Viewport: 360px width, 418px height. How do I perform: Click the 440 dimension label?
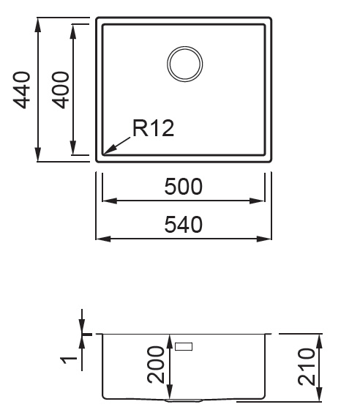coord(21,90)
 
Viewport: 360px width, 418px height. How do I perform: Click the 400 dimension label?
coord(61,90)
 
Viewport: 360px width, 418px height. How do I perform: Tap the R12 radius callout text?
coord(153,128)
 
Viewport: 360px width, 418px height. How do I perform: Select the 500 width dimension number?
coord(184,187)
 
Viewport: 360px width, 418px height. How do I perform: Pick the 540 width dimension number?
coord(184,225)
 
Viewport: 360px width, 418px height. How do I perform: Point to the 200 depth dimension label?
coord(156,365)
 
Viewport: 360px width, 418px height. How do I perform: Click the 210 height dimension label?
coord(307,367)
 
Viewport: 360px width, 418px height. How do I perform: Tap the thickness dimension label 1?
coord(69,360)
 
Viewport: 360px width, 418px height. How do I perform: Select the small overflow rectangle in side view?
coord(184,346)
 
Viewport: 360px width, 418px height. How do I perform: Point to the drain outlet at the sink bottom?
coord(184,400)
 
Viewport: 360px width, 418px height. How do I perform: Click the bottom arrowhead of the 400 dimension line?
coord(72,147)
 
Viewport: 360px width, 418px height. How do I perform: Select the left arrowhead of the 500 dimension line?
coord(110,201)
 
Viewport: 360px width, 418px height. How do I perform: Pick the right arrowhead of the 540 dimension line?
coord(264,239)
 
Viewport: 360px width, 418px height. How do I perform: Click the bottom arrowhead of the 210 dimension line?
coord(320,394)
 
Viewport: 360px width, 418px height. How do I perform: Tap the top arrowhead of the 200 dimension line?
coord(170,342)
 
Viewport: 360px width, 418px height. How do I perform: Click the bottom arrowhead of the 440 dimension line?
coord(38,154)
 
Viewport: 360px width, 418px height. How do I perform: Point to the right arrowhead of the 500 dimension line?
coord(257,201)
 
